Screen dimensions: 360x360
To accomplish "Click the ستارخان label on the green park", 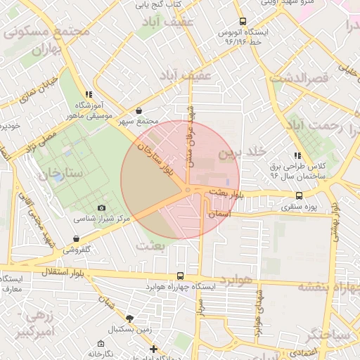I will coord(62,173).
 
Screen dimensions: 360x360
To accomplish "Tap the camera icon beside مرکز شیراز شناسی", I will coord(102,208).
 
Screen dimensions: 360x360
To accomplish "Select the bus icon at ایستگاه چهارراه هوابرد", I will coord(181,276).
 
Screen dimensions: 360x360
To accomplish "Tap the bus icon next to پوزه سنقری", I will coord(300,196).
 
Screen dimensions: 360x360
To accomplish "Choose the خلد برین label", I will coord(243,152).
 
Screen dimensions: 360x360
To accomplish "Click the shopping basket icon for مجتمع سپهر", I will coord(139,110).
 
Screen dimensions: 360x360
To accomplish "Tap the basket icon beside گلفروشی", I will coord(85,239).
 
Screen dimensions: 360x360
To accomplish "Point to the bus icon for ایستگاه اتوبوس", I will coord(243,22).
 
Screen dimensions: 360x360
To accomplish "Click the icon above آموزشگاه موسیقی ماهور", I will coord(89,94).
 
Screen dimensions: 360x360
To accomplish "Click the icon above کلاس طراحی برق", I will coord(298,155).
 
